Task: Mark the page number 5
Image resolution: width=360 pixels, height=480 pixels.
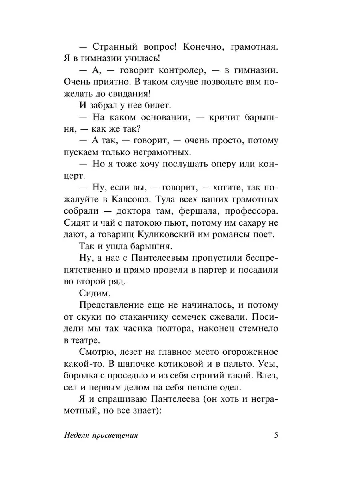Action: click(276, 436)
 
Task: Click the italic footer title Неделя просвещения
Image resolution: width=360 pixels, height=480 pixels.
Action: click(101, 436)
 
